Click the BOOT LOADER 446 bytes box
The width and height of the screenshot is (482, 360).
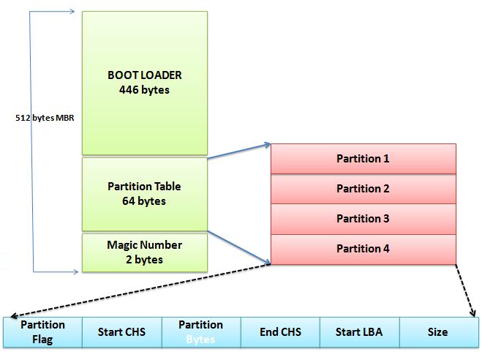pos(144,82)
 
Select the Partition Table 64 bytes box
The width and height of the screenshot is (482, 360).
pos(144,193)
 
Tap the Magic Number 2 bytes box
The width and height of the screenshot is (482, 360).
pos(144,252)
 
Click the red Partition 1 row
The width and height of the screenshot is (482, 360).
pos(363,159)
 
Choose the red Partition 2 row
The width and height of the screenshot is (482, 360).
pos(363,189)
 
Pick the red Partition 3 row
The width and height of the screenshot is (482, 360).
pos(363,219)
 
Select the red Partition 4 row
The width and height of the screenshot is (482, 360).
pos(363,249)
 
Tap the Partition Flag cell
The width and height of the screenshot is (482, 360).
pos(42,331)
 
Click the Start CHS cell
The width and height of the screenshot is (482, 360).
pos(121,331)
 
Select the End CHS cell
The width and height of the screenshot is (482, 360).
pos(279,331)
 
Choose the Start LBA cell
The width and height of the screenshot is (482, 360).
pos(358,331)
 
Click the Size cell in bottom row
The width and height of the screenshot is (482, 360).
pos(437,331)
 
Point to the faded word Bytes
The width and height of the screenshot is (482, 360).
pos(200,339)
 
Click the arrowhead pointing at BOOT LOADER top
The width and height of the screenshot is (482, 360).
pos(71,12)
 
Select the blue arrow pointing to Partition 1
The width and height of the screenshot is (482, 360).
pos(240,151)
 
